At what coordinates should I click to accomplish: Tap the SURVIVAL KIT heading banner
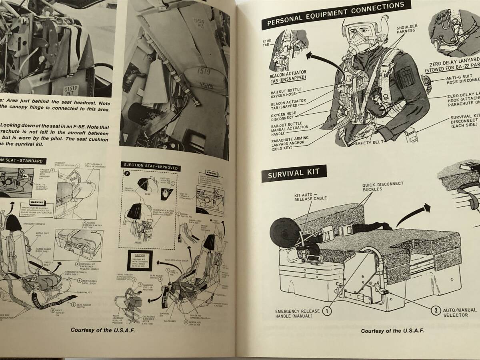(294, 175)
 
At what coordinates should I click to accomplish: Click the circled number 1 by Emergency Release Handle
(327, 310)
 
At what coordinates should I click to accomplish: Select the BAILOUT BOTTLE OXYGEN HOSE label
(287, 92)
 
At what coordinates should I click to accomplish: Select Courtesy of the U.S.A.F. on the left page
(102, 330)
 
